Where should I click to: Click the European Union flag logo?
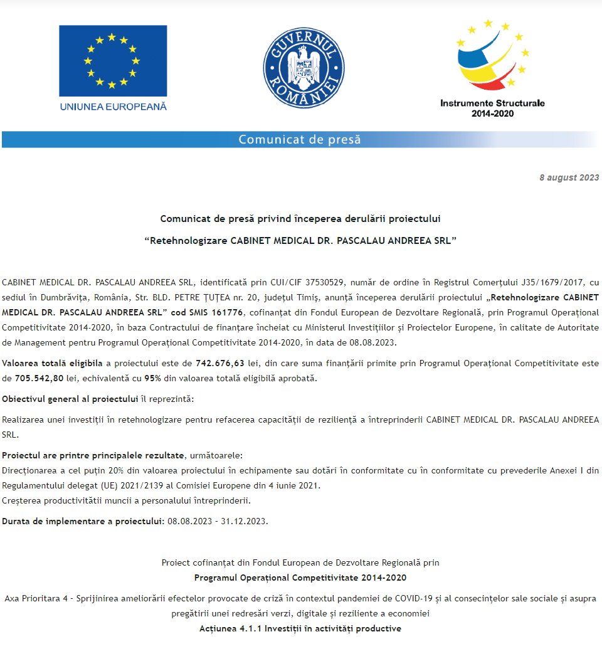113,61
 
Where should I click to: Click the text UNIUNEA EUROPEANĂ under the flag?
114,107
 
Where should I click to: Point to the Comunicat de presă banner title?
300,139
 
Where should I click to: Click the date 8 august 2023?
569,177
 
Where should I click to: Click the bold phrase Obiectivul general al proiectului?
70,399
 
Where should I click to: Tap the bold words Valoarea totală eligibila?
52,363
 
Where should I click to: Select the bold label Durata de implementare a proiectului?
82,521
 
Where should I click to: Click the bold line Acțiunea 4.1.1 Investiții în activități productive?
300,628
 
